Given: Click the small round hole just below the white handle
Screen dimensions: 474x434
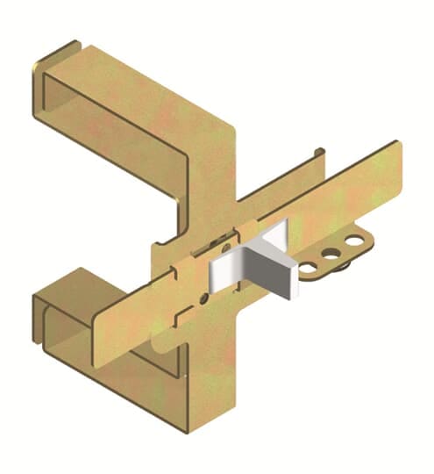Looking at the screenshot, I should tap(203, 298).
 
